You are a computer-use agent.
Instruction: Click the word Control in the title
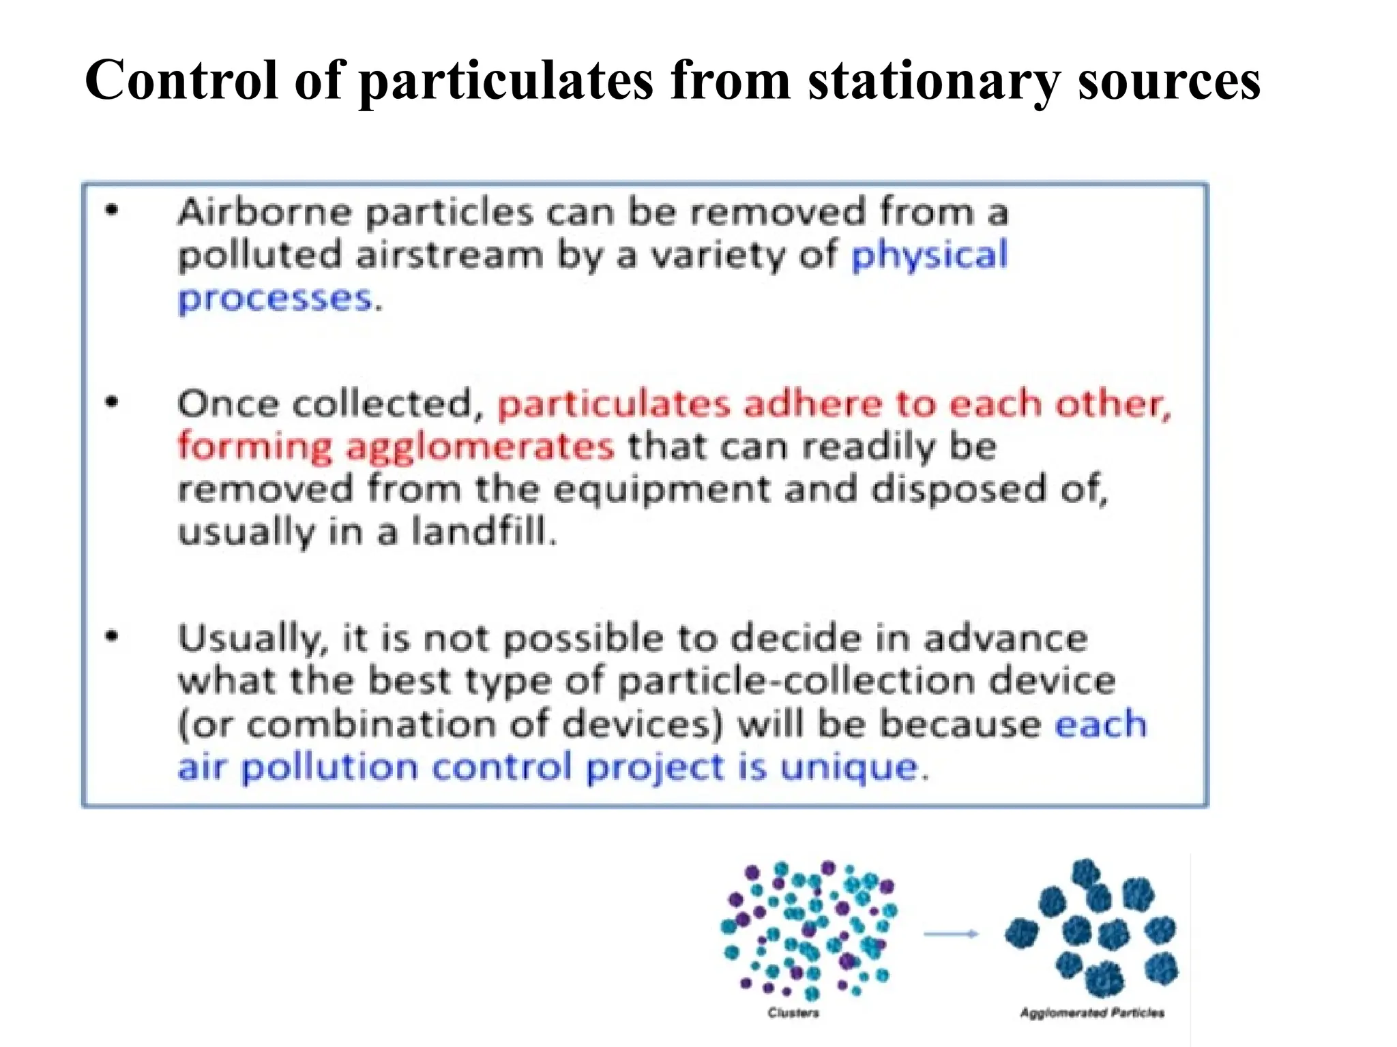(x=181, y=80)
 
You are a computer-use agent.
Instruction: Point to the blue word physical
(x=929, y=256)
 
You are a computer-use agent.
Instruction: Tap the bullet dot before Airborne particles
(x=112, y=211)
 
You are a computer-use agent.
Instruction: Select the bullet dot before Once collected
(x=112, y=402)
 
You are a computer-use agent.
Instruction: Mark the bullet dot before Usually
(x=112, y=637)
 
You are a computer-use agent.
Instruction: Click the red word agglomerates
(x=480, y=448)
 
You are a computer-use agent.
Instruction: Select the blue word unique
(x=849, y=768)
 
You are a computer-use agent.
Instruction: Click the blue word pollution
(x=329, y=768)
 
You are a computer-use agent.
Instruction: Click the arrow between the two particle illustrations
(x=951, y=934)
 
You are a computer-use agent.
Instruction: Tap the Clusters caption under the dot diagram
(x=793, y=1013)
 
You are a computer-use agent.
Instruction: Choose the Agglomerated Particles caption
(x=1091, y=1013)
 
